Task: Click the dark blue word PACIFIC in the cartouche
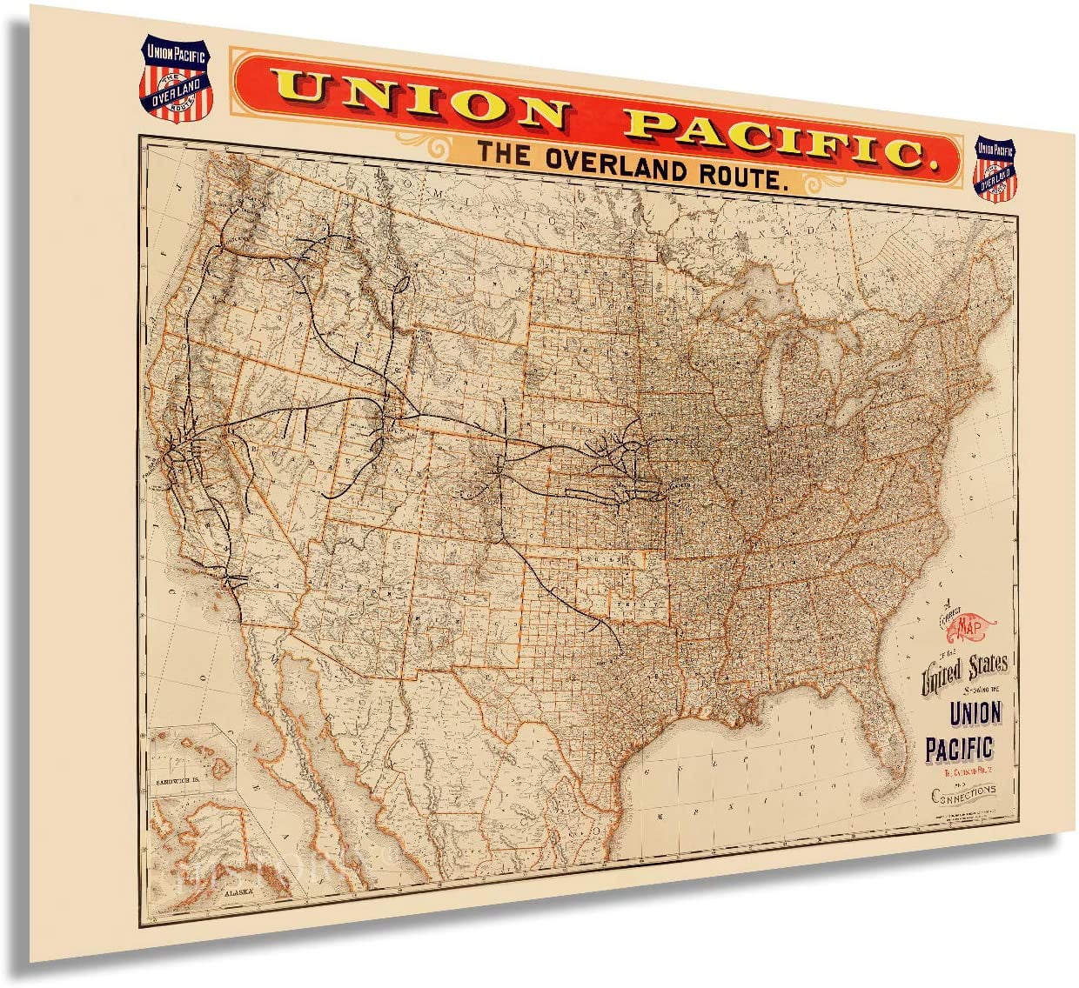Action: (x=958, y=747)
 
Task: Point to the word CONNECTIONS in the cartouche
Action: (x=963, y=793)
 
